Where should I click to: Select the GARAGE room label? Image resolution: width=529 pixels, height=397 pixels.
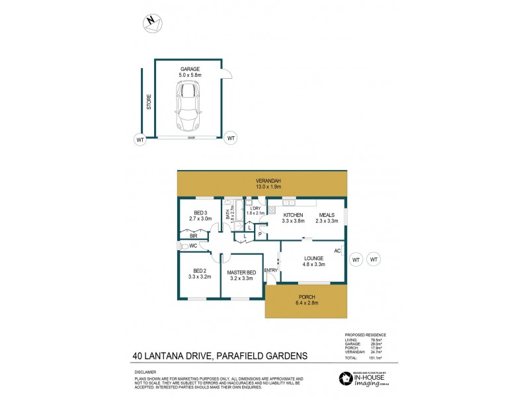click(x=190, y=69)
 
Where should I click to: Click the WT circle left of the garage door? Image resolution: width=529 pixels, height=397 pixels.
click(x=140, y=139)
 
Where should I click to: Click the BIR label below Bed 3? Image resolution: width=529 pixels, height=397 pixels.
click(x=194, y=236)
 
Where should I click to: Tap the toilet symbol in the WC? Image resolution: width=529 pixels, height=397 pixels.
click(x=182, y=246)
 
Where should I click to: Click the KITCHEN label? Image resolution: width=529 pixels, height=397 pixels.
click(x=293, y=216)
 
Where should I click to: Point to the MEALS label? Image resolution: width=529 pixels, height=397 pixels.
click(x=327, y=216)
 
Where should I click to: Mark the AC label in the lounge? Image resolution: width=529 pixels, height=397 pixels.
click(x=337, y=251)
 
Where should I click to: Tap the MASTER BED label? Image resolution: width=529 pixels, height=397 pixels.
click(x=241, y=273)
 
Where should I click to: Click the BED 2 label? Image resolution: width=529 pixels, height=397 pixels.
click(x=200, y=270)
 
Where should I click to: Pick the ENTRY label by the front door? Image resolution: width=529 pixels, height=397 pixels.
click(x=271, y=270)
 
